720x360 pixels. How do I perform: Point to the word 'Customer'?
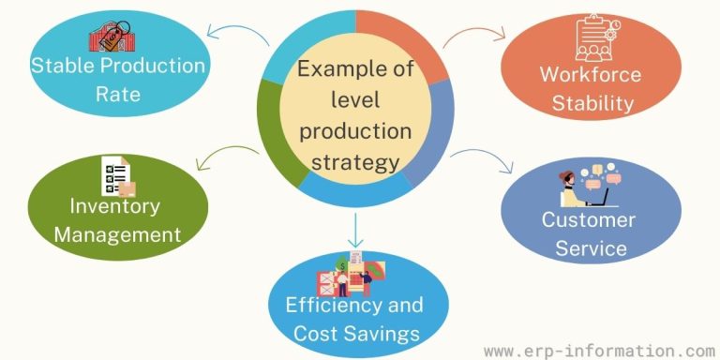588,221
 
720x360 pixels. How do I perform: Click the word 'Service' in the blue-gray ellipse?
589,247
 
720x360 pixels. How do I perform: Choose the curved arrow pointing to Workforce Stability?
472,39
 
